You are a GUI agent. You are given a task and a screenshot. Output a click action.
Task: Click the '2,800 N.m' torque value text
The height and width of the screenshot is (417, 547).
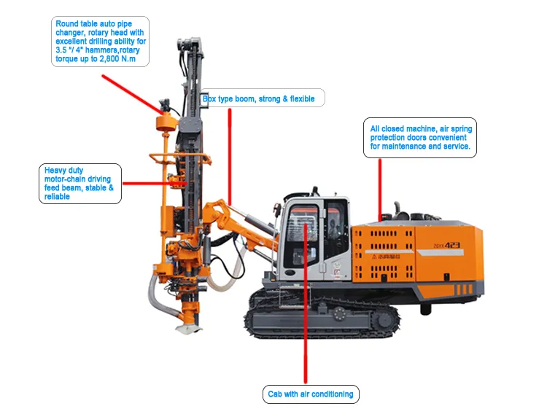click(x=117, y=58)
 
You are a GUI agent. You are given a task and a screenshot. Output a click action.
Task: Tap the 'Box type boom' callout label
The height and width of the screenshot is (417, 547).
click(x=263, y=98)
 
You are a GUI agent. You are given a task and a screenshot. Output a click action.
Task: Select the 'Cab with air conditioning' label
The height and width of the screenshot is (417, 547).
click(x=311, y=394)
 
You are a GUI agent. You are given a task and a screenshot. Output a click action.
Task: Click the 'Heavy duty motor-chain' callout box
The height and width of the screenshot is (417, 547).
click(x=80, y=184)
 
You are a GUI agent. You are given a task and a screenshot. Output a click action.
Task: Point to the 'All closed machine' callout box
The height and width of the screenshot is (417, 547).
click(x=420, y=138)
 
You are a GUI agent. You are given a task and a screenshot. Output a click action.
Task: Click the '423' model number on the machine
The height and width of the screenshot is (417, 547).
click(x=452, y=245)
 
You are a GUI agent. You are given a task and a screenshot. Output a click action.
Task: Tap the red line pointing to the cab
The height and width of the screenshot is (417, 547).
click(x=306, y=303)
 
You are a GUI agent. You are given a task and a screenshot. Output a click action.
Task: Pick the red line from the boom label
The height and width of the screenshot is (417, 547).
click(x=230, y=157)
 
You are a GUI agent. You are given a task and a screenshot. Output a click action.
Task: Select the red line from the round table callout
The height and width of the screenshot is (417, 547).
click(x=133, y=94)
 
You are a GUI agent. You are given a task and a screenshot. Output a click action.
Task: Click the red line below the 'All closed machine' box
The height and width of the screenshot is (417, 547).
click(x=380, y=190)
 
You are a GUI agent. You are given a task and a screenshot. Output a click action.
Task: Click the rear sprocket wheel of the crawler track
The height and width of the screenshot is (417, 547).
click(x=383, y=319)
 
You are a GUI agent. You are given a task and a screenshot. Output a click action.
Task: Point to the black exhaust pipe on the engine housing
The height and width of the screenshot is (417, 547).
click(x=397, y=210)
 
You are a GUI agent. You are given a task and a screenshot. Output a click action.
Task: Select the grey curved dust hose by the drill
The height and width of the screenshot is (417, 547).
click(x=160, y=297)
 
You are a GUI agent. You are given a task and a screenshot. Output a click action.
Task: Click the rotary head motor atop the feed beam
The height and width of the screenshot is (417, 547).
click(x=189, y=44)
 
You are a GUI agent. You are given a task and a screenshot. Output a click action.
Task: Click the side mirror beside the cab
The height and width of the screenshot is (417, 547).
click(x=277, y=208)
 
